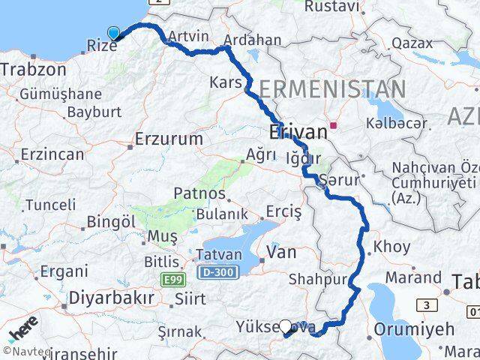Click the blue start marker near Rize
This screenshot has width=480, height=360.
click(x=114, y=33)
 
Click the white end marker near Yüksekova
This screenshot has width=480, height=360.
click(x=285, y=326)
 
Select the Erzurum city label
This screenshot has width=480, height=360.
click(x=169, y=139)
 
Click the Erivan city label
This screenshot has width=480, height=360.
click(x=298, y=133)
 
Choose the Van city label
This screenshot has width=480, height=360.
click(x=282, y=251)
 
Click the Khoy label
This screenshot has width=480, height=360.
click(x=391, y=246)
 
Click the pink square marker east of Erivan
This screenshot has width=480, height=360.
click(x=334, y=126)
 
